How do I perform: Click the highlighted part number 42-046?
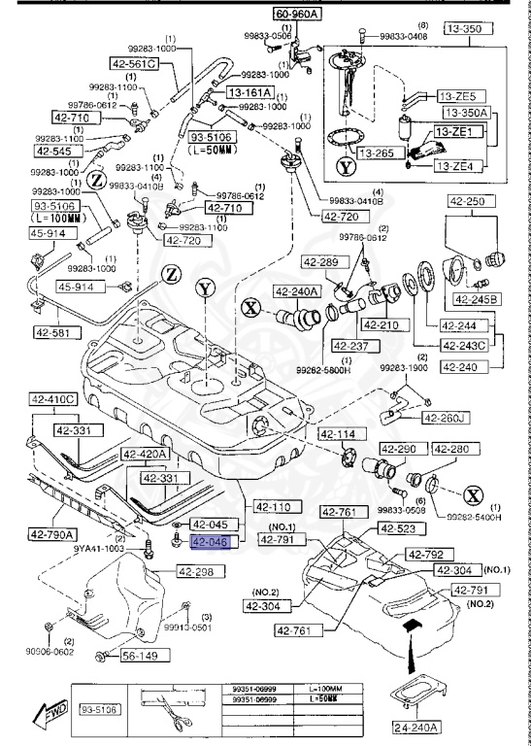[210, 544]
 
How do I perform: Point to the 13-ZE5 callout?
[457, 97]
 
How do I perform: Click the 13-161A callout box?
[250, 92]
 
